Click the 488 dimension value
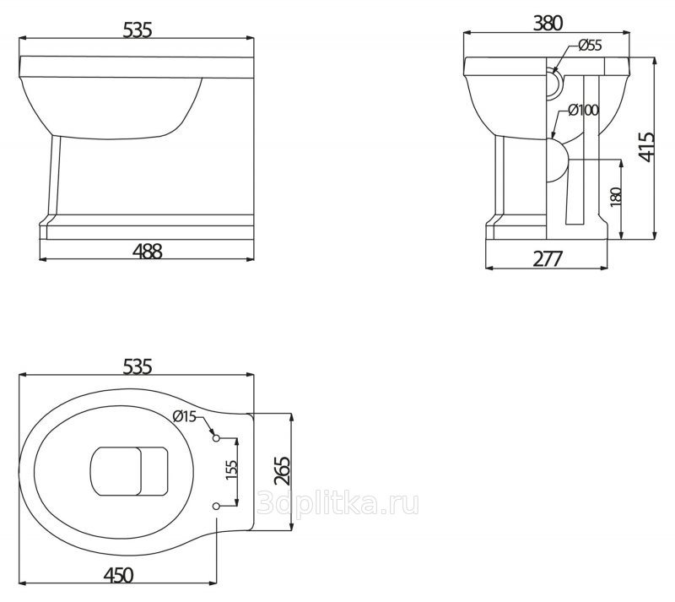pyautogui.click(x=147, y=251)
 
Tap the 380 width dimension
pyautogui.click(x=548, y=23)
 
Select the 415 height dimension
pyautogui.click(x=646, y=148)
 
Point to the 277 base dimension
pyautogui.click(x=548, y=258)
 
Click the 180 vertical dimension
pyautogui.click(x=617, y=197)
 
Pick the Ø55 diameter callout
pyautogui.click(x=590, y=45)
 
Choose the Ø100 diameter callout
pyautogui.click(x=583, y=110)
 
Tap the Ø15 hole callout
pyautogui.click(x=184, y=416)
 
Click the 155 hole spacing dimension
pyautogui.click(x=231, y=470)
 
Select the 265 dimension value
pyautogui.click(x=283, y=471)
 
